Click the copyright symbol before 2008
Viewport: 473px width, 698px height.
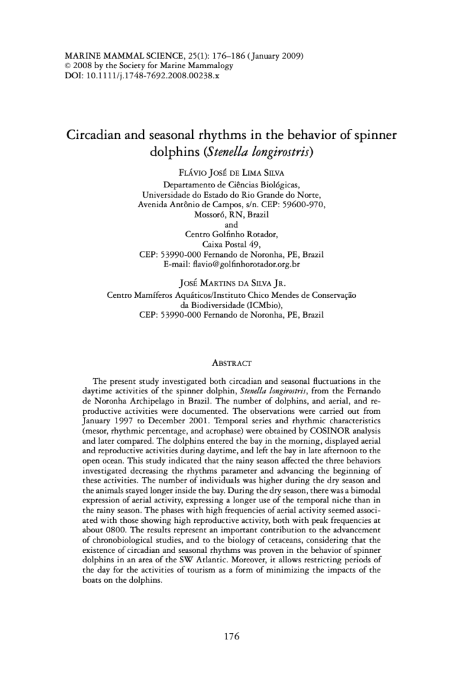point(67,66)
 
